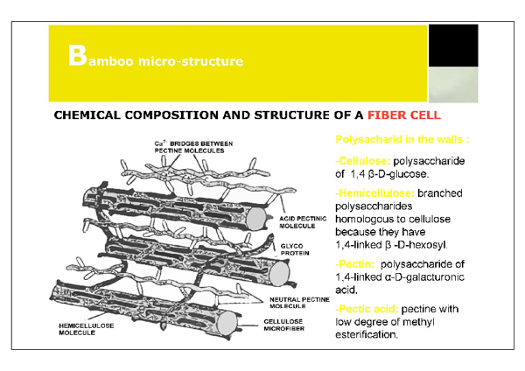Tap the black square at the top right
click(x=452, y=49)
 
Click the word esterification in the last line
click(x=368, y=334)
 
